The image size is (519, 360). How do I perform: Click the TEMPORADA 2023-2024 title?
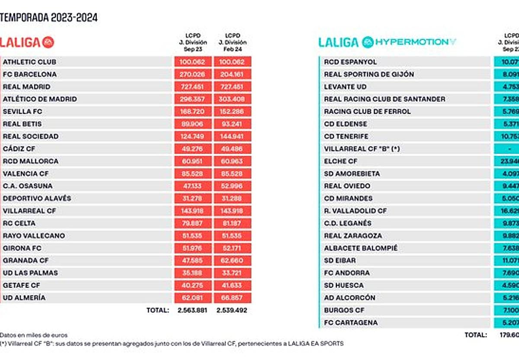click(49, 17)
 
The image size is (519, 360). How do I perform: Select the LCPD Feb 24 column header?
click(233, 42)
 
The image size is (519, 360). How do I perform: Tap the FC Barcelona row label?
click(30, 74)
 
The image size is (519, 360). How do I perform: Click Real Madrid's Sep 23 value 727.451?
click(193, 87)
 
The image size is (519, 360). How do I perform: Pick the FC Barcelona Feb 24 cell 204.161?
click(233, 74)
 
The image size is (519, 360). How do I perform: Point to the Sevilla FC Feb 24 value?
click(233, 112)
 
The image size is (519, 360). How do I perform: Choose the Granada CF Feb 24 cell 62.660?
click(233, 260)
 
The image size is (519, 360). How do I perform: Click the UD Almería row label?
click(24, 298)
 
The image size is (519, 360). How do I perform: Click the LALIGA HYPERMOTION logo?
click(387, 42)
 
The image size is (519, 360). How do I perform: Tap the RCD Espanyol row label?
click(350, 62)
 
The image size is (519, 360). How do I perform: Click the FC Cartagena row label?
click(351, 322)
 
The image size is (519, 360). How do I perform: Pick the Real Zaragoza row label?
click(353, 236)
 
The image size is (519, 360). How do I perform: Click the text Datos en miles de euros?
click(34, 335)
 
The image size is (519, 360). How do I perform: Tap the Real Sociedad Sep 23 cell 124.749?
click(193, 136)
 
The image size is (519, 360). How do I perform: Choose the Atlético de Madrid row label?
click(40, 99)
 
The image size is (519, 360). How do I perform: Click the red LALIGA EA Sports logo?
click(27, 42)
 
